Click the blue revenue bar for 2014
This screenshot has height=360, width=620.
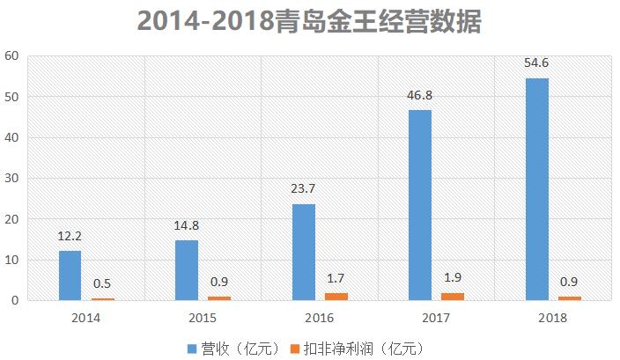[x=70, y=276]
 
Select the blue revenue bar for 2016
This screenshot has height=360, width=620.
[x=304, y=253]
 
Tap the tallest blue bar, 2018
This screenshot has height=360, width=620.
[x=537, y=189]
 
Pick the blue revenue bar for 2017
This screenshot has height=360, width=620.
[x=420, y=205]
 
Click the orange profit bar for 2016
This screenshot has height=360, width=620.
[x=337, y=297]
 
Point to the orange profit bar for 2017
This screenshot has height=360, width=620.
[x=454, y=297]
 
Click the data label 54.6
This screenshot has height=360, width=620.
[x=537, y=64]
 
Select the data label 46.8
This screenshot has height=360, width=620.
[x=420, y=96]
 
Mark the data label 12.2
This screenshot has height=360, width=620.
[x=70, y=237]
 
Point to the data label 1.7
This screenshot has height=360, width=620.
[x=337, y=279]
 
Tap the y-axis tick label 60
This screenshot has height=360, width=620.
[x=11, y=55]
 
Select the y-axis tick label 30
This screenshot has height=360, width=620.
[x=11, y=178]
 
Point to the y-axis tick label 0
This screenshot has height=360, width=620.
[x=15, y=301]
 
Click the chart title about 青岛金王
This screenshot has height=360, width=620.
[x=310, y=21]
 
